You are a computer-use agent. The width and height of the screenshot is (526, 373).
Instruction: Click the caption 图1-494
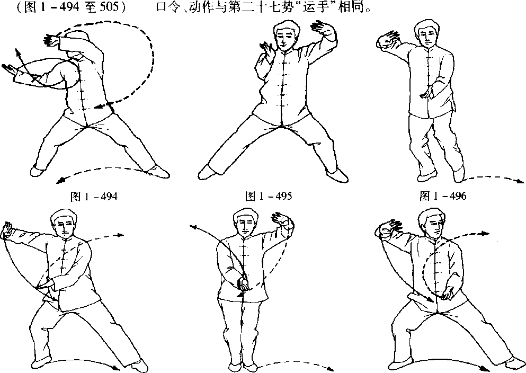94,196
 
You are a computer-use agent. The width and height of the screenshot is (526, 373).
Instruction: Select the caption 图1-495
269,196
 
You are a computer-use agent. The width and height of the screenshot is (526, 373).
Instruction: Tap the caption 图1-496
443,196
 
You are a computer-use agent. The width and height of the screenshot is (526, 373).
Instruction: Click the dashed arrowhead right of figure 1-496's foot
520,182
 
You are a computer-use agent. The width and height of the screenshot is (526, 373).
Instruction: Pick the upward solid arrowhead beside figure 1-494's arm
16,51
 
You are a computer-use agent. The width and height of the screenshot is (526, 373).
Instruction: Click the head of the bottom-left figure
64,224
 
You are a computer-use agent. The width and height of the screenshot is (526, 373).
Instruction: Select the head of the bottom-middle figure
246,223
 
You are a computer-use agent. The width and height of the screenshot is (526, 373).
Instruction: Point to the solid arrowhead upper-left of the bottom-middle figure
193,227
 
